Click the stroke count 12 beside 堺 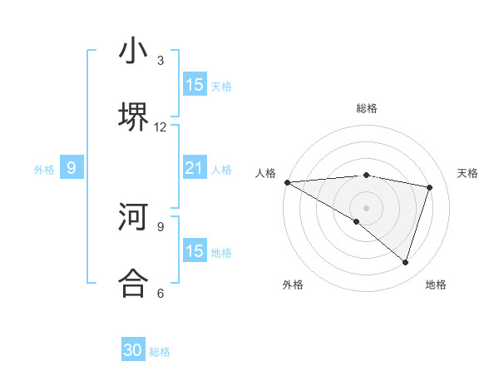(161, 127)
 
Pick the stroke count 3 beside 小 (161, 61)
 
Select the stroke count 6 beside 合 (161, 293)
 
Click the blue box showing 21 (195, 169)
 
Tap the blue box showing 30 (133, 350)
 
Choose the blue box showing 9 (72, 169)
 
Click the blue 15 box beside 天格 (195, 85)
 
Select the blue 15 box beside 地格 (195, 251)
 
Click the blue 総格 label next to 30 (160, 352)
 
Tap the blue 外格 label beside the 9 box (44, 170)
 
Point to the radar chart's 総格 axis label (366, 108)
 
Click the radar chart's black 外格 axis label (293, 285)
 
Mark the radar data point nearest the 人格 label (287, 181)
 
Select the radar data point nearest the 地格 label (405, 262)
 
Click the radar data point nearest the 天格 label (430, 187)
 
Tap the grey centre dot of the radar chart (366, 206)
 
